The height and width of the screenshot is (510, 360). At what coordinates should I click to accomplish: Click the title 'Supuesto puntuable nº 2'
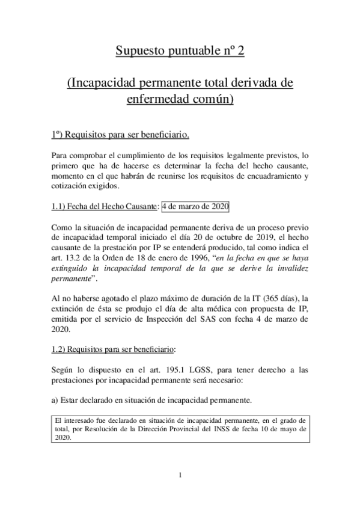[180, 52]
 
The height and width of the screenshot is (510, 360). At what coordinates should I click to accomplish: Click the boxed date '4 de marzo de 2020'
[195, 206]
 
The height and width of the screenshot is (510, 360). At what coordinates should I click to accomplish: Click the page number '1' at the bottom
[180, 476]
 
